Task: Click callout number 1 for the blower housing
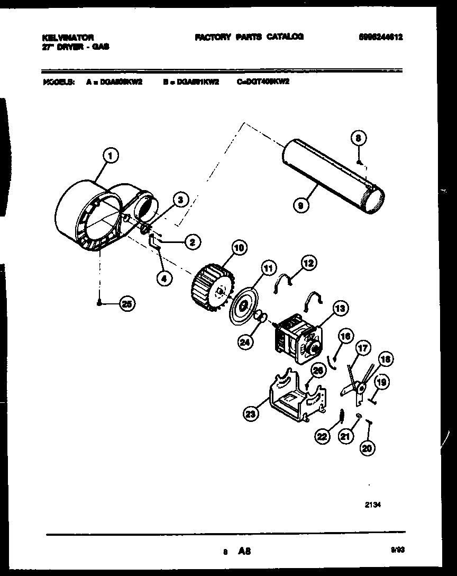pyautogui.click(x=109, y=155)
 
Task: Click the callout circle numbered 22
pyautogui.click(x=323, y=436)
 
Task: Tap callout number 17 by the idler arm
pyautogui.click(x=362, y=349)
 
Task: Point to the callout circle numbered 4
pyautogui.click(x=165, y=277)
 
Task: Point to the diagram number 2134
pyautogui.click(x=373, y=505)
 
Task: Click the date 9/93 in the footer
pyautogui.click(x=397, y=551)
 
